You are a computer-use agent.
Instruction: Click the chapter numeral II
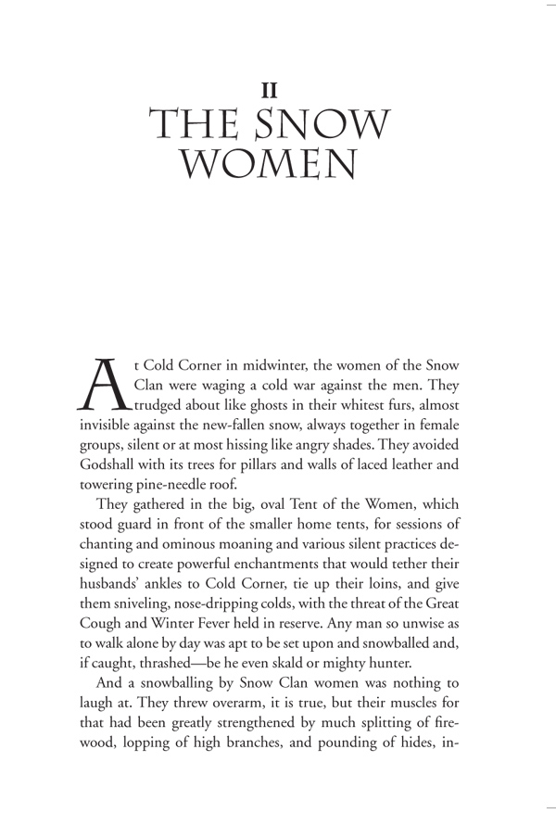(x=271, y=90)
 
